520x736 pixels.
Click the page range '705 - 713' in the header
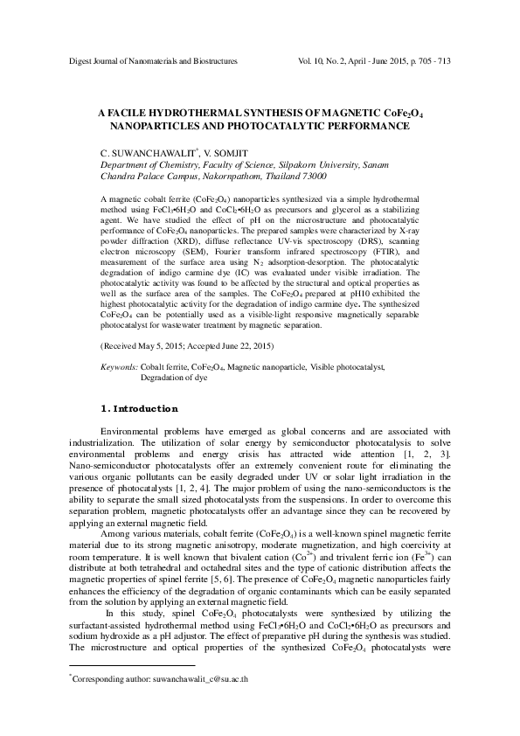coord(430,62)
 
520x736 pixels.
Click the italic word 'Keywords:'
coord(120,369)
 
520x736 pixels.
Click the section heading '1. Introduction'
coord(140,409)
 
